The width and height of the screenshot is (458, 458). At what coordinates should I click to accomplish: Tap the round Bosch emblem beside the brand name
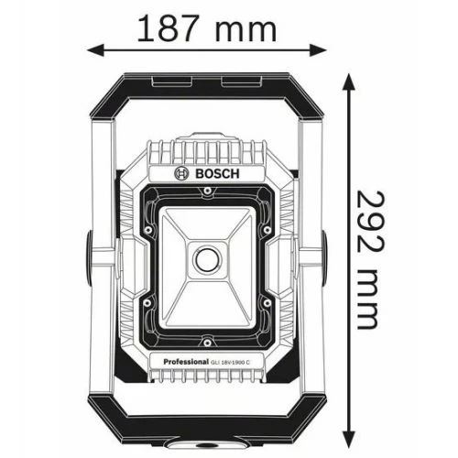pyautogui.click(x=180, y=172)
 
